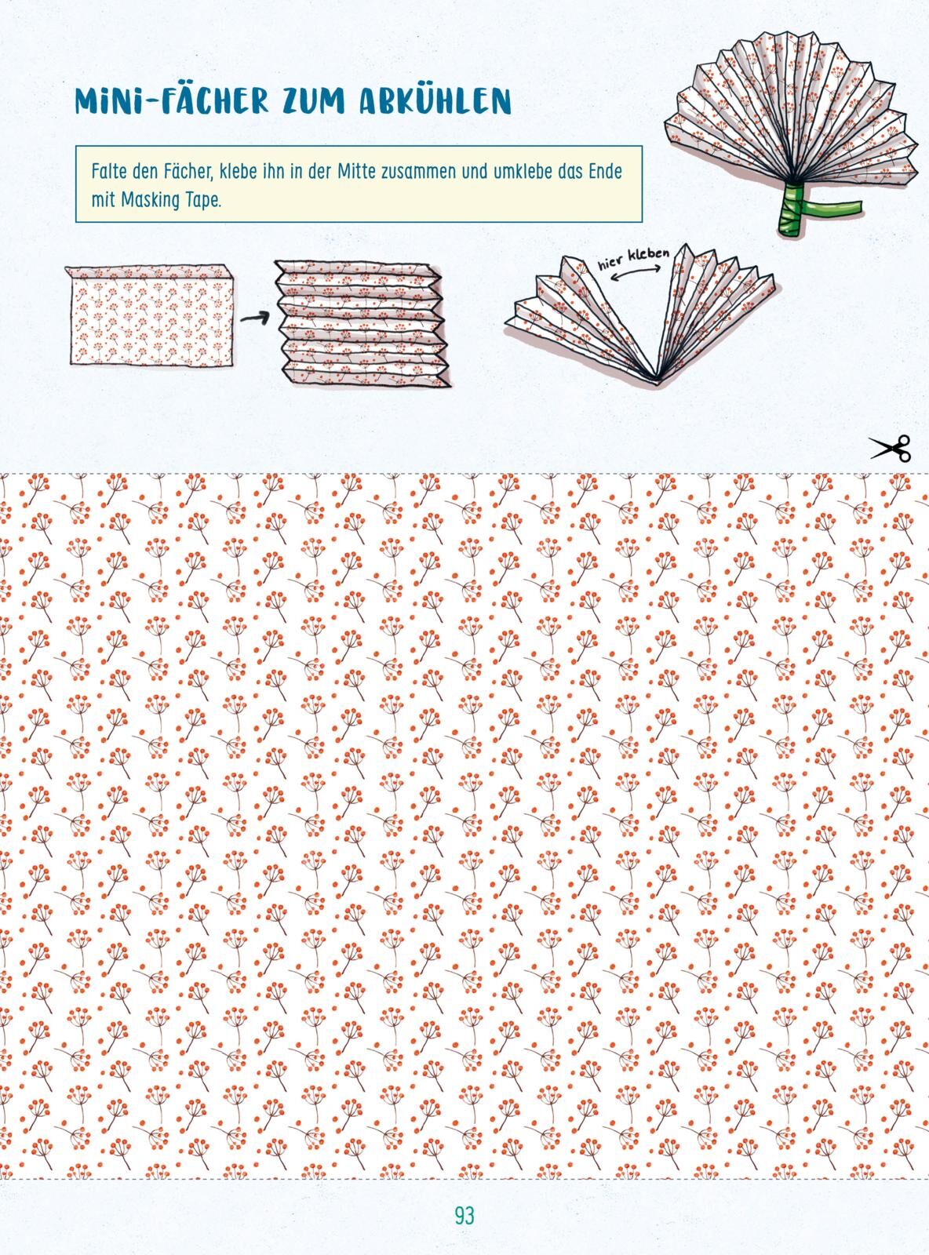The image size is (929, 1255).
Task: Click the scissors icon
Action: click(891, 448)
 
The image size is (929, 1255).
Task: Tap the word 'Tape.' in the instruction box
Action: click(201, 201)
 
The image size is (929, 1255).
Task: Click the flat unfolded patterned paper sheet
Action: click(151, 316)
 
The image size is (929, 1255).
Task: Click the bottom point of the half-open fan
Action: click(654, 382)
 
